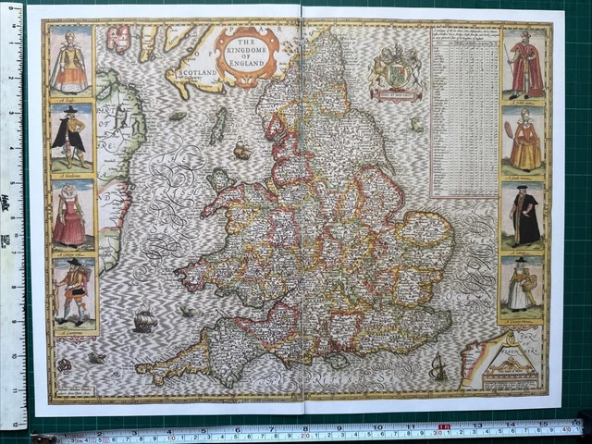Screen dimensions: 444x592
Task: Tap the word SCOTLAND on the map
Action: [x=196, y=72]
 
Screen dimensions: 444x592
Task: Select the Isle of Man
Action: [x=217, y=126]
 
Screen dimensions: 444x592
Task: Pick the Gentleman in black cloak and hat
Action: [x=70, y=138]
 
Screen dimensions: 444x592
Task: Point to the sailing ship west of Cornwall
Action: [x=144, y=321]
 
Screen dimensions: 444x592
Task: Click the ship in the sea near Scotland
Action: [x=242, y=150]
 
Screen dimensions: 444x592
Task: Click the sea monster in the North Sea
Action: [x=416, y=122]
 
